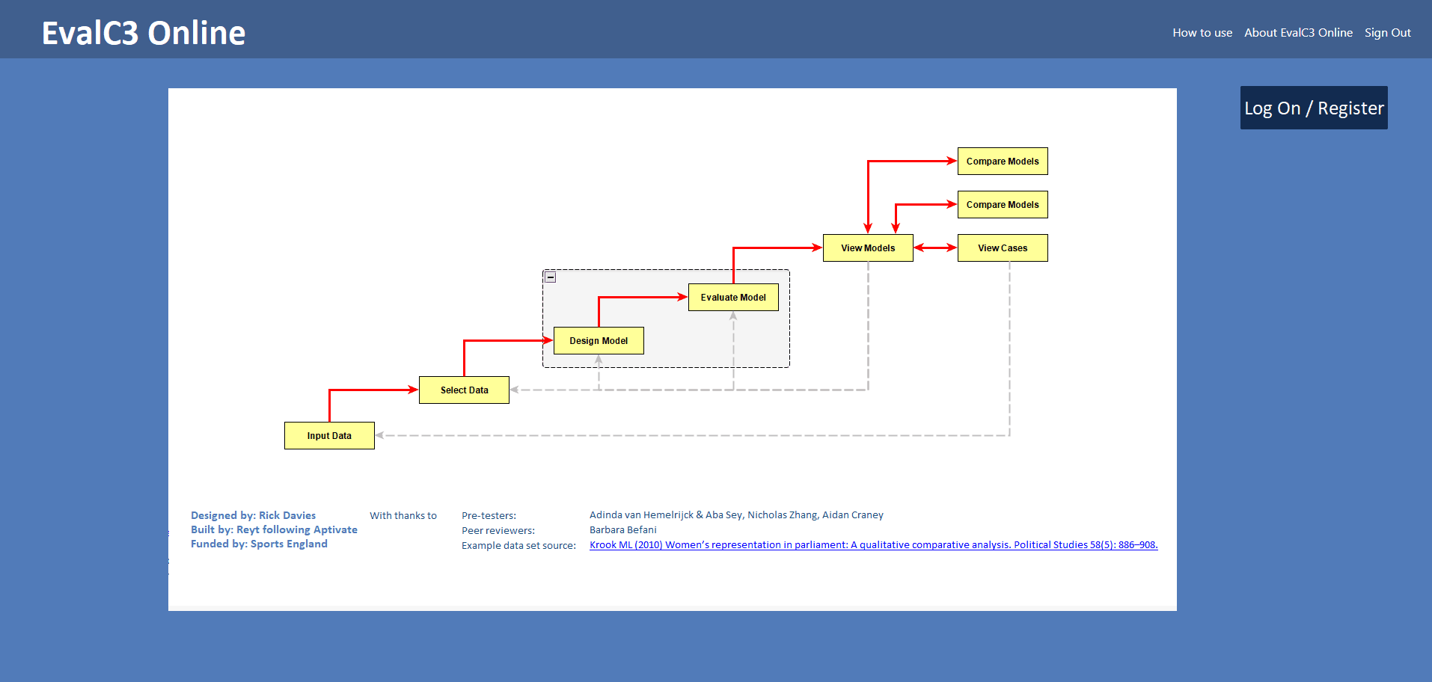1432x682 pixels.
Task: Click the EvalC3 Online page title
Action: (144, 33)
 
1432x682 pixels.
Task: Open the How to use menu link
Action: (1202, 33)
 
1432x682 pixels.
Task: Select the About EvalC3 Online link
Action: (1298, 33)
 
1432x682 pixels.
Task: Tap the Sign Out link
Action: (1387, 33)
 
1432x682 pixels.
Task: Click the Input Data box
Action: (329, 436)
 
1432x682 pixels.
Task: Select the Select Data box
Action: (464, 390)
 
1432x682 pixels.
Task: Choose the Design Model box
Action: (599, 341)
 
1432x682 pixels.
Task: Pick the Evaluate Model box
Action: (733, 298)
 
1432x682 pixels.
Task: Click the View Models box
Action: (868, 248)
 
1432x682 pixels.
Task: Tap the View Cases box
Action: (1003, 248)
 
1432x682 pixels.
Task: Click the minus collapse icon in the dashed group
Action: (551, 277)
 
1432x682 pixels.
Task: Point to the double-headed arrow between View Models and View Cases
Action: (935, 248)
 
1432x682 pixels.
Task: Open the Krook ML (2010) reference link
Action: (873, 545)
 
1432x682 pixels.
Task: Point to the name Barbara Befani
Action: (622, 530)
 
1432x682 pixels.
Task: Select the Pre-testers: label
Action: (489, 516)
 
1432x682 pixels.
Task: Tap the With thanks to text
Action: (403, 516)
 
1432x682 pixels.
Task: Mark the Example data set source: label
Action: (518, 546)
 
